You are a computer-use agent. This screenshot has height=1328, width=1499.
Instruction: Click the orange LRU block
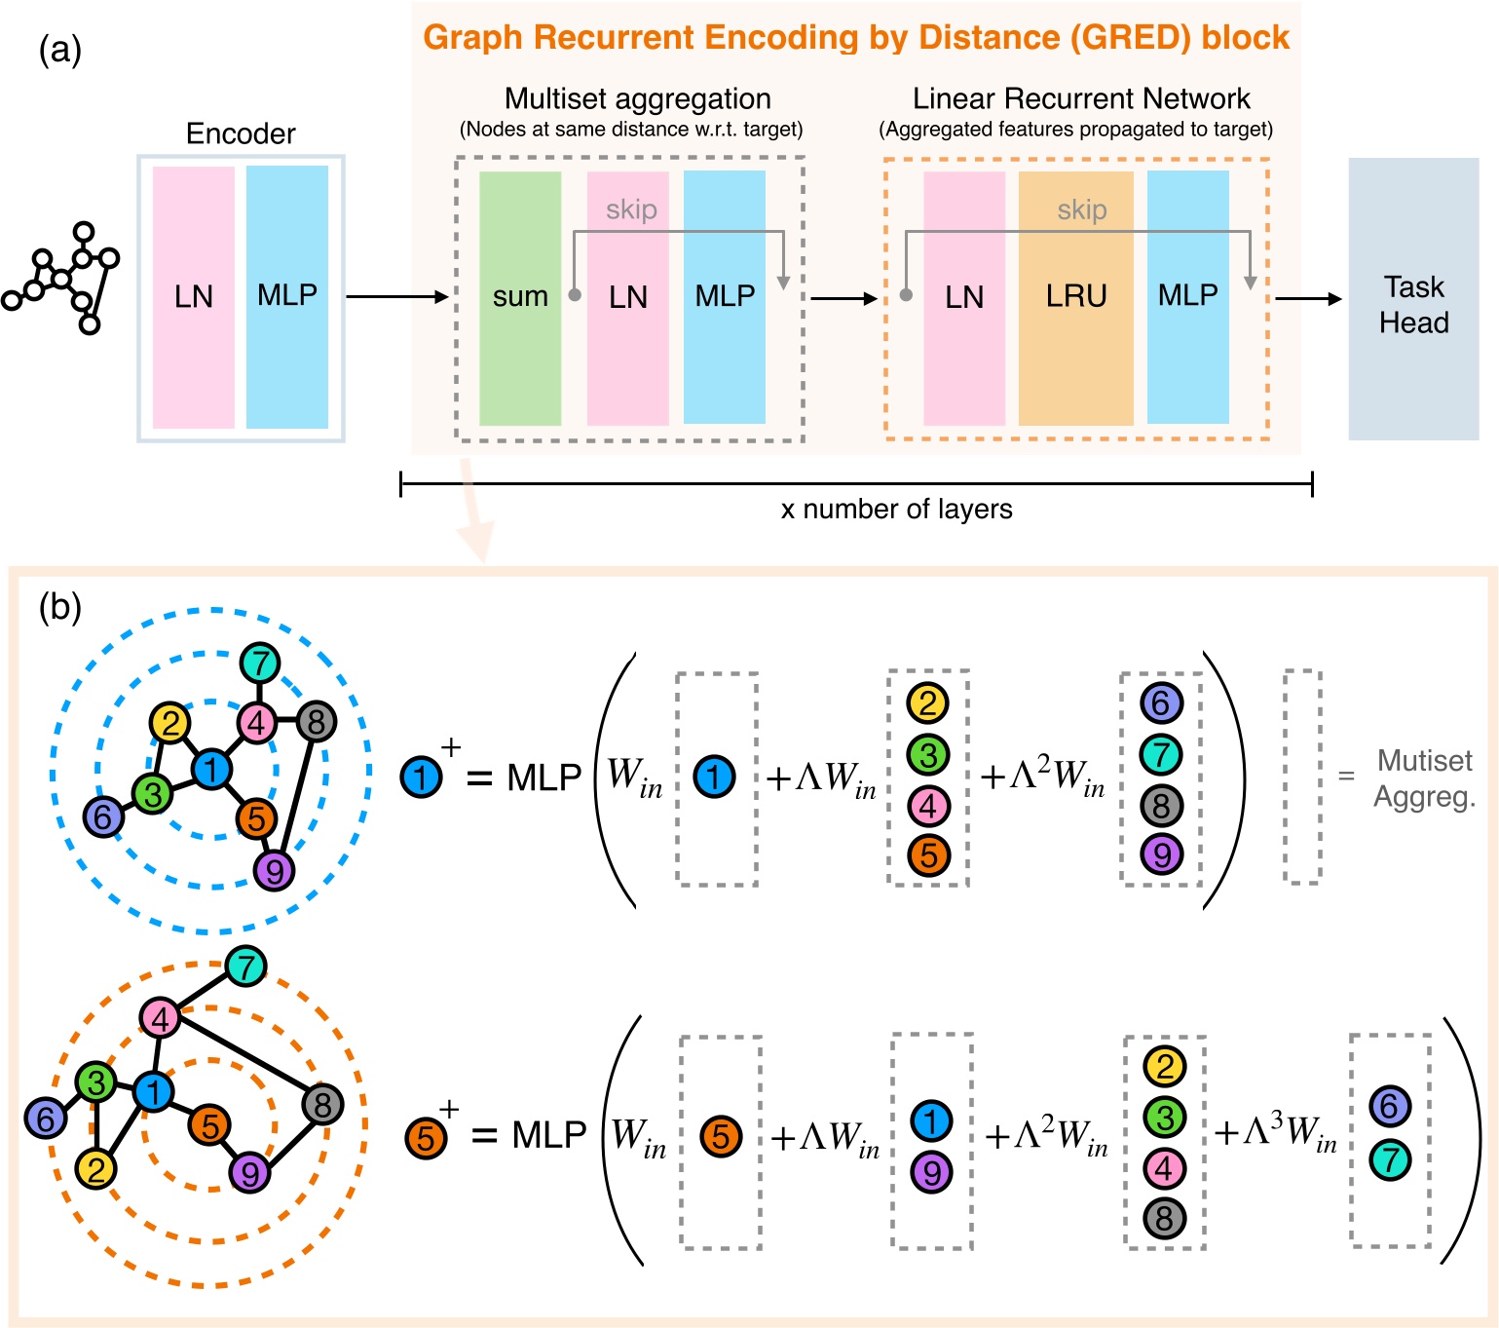[1075, 297]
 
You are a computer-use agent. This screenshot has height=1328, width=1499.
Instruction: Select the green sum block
[520, 297]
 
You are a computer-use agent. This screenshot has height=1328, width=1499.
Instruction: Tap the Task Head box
[1413, 300]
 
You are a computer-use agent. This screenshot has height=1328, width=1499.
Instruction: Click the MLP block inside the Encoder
[286, 296]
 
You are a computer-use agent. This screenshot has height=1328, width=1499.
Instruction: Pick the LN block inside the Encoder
[193, 296]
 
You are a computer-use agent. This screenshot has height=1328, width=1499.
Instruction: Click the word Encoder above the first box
[241, 133]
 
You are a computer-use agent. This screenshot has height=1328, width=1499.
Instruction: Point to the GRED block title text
[855, 37]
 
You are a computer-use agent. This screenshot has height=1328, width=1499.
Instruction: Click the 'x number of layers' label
[896, 510]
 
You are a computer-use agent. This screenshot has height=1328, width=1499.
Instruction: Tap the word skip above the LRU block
[1081, 209]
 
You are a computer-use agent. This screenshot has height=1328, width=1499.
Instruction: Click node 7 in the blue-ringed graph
[259, 664]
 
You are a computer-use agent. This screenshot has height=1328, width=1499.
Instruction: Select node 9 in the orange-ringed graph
[250, 1173]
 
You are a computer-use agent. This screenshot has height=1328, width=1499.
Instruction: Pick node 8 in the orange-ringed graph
[322, 1105]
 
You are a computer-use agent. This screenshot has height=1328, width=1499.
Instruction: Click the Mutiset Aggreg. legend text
[1424, 778]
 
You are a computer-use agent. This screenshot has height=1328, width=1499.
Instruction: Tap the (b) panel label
[59, 608]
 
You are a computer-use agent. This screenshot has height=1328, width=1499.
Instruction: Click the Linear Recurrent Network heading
[1080, 98]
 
